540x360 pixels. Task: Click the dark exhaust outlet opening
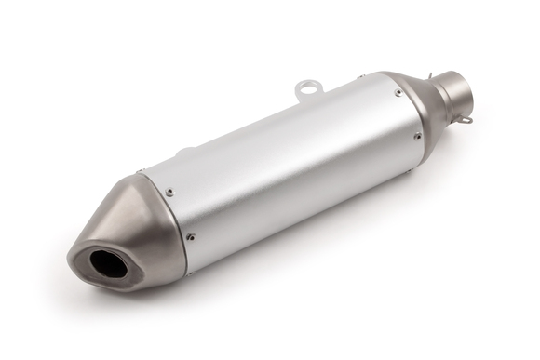click(108, 265)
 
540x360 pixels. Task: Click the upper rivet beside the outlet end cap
click(169, 193)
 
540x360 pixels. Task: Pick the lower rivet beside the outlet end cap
click(191, 236)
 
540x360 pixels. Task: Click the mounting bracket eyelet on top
click(309, 89)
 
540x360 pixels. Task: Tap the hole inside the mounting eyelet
click(309, 88)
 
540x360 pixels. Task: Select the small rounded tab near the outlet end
click(185, 151)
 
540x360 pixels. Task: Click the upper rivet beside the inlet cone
click(398, 92)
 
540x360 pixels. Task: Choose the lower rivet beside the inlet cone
click(418, 136)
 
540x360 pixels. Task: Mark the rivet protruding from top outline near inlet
click(360, 77)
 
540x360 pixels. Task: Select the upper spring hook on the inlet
click(432, 76)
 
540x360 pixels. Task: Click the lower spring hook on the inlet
click(466, 118)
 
